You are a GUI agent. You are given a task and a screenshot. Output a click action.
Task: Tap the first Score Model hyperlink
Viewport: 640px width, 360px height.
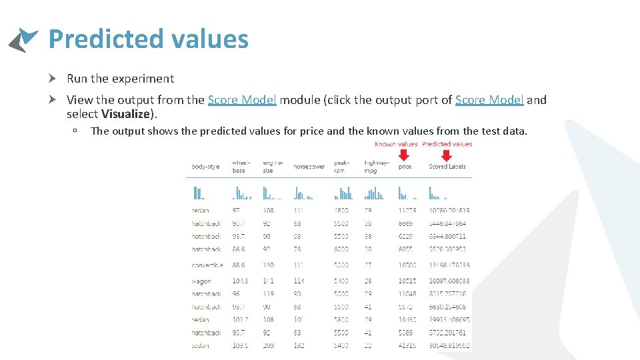242,100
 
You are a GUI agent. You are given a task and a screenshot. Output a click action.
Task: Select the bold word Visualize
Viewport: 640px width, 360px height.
127,114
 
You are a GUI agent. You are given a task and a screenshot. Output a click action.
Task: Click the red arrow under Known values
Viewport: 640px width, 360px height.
404,155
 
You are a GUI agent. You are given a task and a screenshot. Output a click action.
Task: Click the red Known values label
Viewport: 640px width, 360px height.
396,144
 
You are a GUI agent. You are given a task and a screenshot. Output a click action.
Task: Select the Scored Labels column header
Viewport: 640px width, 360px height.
447,167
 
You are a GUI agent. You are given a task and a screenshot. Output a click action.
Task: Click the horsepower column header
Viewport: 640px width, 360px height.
309,167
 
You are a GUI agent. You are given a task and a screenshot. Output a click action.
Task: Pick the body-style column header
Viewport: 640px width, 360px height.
205,167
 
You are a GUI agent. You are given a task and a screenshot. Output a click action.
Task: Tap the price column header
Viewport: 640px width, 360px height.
405,167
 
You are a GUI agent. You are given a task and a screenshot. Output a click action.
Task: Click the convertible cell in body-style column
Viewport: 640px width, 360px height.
207,265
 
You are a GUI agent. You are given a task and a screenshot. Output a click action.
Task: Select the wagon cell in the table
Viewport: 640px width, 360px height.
201,281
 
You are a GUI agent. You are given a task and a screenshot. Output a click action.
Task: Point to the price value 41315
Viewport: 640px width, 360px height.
407,345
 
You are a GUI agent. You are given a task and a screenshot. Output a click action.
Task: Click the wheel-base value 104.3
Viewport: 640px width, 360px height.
241,281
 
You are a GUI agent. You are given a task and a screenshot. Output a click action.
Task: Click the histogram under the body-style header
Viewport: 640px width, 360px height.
199,193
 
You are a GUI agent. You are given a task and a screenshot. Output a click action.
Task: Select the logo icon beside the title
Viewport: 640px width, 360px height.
23,40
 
